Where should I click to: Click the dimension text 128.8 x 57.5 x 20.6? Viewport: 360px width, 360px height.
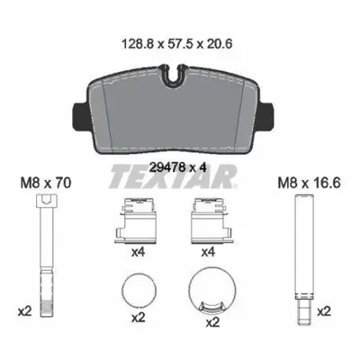tap(177, 44)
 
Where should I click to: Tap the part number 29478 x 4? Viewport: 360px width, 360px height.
tap(177, 167)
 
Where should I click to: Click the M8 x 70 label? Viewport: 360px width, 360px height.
tap(46, 183)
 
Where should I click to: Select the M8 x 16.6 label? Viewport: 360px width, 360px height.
tap(309, 183)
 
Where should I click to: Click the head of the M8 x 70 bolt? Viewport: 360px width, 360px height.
tap(46, 201)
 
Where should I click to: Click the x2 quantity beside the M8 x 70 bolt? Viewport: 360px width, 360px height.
tap(24, 311)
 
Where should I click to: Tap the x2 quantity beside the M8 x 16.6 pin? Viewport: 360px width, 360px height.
tap(324, 311)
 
